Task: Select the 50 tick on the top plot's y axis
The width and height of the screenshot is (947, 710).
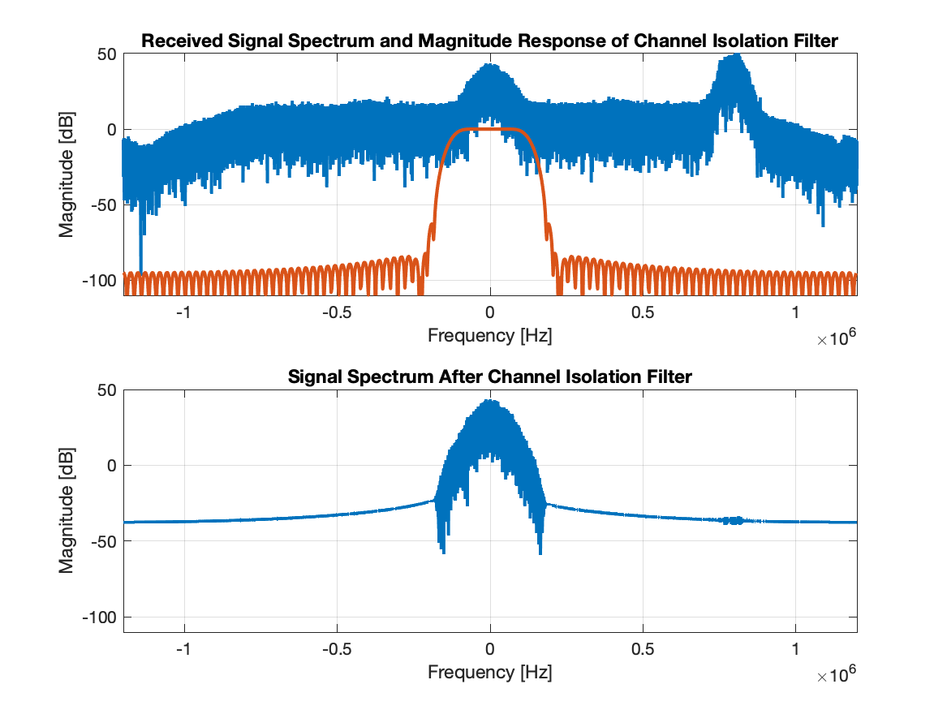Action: [106, 54]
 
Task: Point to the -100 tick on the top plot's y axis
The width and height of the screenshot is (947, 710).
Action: [98, 281]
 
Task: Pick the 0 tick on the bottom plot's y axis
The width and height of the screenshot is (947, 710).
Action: [111, 466]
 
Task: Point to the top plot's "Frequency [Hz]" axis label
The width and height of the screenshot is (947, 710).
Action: [490, 335]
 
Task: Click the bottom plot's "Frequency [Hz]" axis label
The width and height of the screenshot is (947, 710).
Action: [490, 672]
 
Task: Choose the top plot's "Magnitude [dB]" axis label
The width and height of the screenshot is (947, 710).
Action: [67, 174]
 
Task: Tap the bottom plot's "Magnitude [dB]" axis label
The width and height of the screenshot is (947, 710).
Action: [67, 510]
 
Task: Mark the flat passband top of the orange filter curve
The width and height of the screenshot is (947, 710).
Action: [490, 129]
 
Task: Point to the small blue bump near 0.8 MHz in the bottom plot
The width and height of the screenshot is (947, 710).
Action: [734, 520]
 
